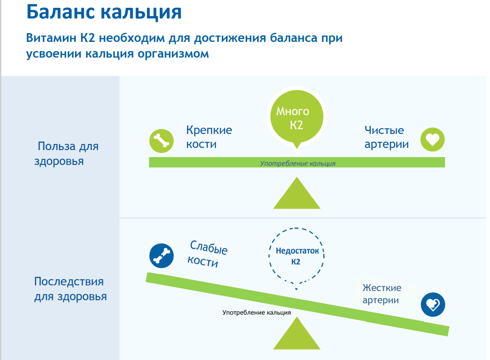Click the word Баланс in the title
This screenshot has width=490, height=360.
(x=60, y=12)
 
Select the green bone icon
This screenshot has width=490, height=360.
(x=161, y=141)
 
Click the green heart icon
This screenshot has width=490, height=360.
(x=432, y=139)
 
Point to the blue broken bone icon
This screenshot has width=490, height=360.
(x=161, y=256)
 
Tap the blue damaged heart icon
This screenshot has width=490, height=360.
(x=433, y=305)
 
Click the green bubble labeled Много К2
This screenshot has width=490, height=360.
(x=297, y=118)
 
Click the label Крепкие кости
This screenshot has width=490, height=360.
(x=209, y=137)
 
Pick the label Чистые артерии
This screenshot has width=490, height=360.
(x=387, y=137)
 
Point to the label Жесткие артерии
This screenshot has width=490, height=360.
(x=382, y=294)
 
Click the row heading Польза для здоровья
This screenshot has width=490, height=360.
(x=67, y=154)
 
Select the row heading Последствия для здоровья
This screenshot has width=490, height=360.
(x=70, y=289)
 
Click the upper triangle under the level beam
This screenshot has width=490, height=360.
(x=297, y=193)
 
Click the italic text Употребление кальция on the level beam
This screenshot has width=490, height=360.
(x=298, y=164)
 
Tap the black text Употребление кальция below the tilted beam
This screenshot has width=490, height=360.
(x=257, y=312)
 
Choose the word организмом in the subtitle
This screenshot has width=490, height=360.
(x=173, y=54)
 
